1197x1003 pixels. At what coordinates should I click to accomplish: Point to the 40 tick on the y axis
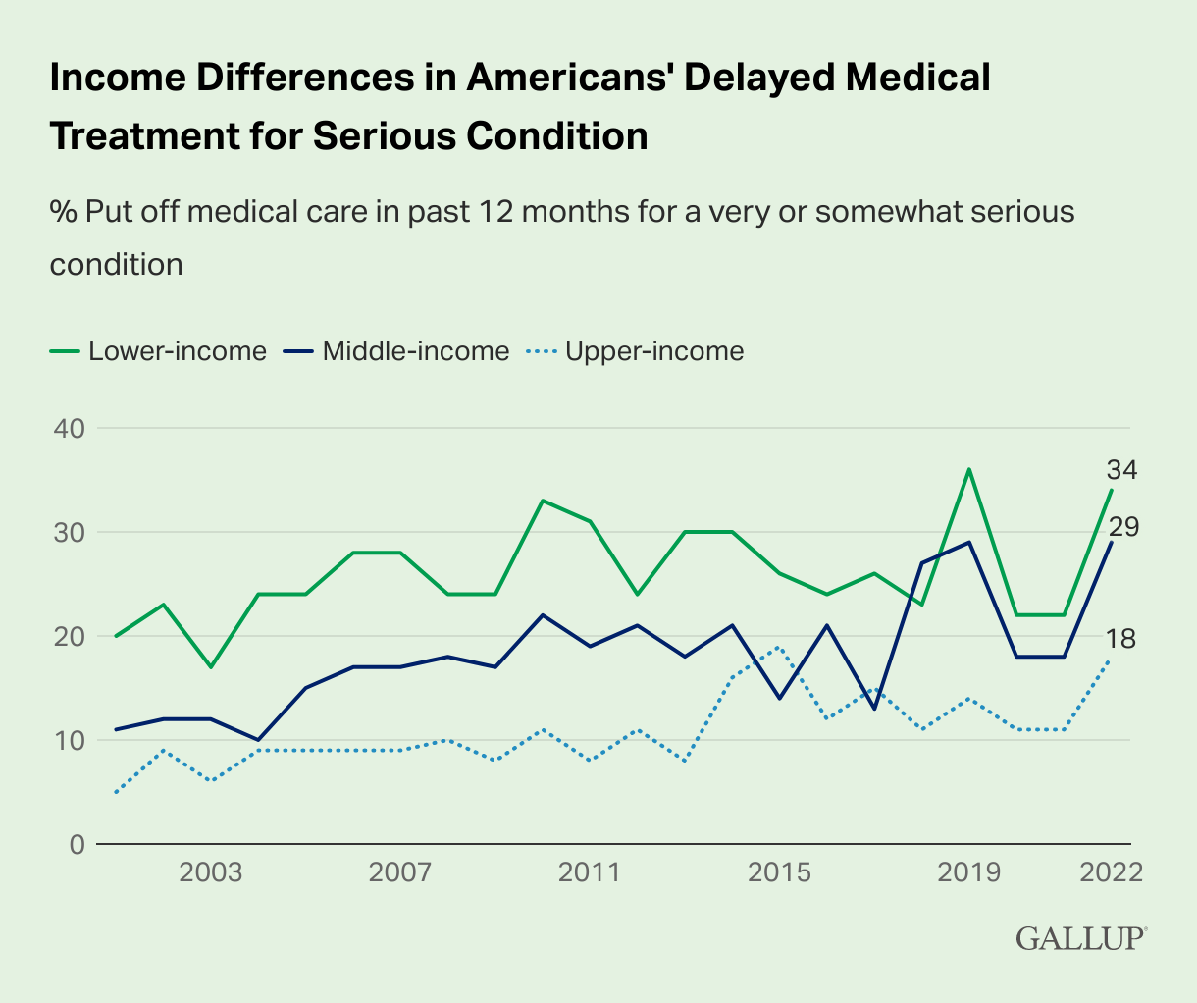click(x=64, y=429)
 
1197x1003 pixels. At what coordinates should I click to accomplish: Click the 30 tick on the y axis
click(x=64, y=533)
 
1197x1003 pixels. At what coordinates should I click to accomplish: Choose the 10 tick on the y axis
click(x=64, y=740)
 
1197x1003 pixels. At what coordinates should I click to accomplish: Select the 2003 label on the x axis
click(x=210, y=872)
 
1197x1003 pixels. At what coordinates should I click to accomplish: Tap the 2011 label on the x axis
click(x=590, y=872)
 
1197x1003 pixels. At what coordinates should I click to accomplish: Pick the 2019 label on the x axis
click(x=969, y=872)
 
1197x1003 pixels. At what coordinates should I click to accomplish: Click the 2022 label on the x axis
click(x=1111, y=872)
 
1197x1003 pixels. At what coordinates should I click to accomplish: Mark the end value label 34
click(x=1121, y=471)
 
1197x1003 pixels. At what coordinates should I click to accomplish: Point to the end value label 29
click(x=1121, y=528)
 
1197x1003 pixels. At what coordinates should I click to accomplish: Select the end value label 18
click(x=1121, y=640)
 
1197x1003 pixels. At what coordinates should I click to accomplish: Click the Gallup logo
click(x=1080, y=937)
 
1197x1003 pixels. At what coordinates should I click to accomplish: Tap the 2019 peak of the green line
click(x=969, y=469)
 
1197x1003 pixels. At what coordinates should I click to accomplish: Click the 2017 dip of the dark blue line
click(x=874, y=708)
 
